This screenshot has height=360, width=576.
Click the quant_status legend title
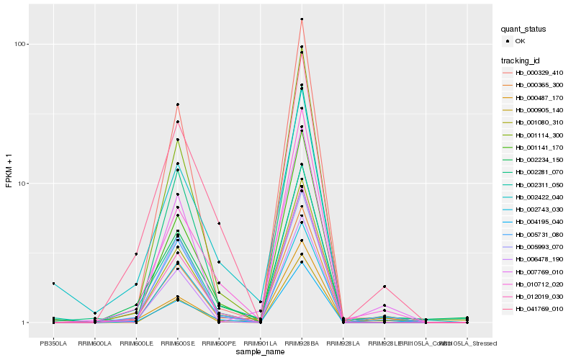pos(523,29)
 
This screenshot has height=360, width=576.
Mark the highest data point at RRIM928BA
pos(302,19)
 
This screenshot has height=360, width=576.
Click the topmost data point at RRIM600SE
pos(177,104)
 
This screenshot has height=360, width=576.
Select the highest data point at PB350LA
pos(53,284)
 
